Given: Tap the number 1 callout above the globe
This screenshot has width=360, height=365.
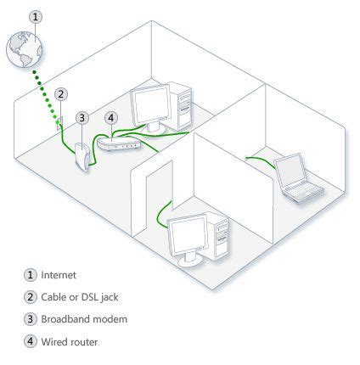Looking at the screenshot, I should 33,16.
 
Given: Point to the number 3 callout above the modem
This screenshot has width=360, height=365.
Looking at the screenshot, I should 82,117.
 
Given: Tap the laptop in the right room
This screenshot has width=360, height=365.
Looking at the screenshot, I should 299,180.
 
